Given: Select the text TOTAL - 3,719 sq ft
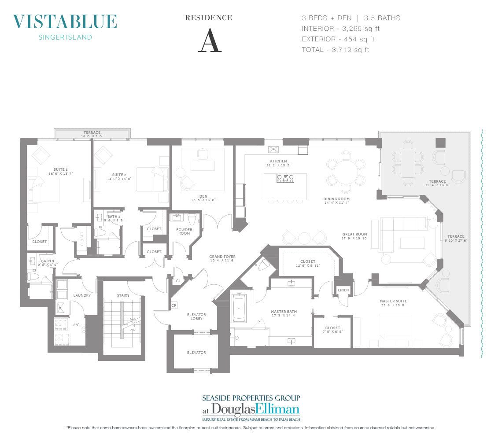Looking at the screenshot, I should pos(335,50).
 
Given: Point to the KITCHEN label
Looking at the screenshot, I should pos(278,162).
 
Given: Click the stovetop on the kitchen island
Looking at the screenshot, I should pos(285,178).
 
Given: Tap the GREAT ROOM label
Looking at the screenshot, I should pos(354,234).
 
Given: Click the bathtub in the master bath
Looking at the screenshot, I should pos(239,306).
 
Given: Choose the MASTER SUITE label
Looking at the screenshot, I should pos(393,301).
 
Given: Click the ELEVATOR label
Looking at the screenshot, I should pos(196,353).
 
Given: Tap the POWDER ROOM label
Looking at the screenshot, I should pos(184,231).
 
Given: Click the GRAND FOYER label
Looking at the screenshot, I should pos(222,256).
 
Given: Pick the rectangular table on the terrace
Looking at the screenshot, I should pos(408,162).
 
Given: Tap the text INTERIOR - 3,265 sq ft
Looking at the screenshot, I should pos(340,29).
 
